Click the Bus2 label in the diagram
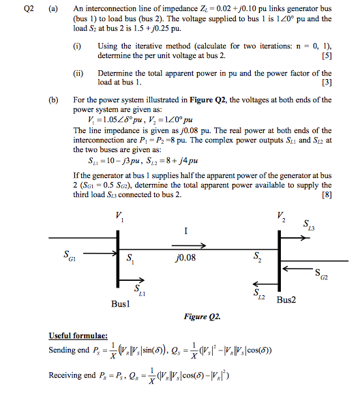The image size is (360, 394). point(289,300)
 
